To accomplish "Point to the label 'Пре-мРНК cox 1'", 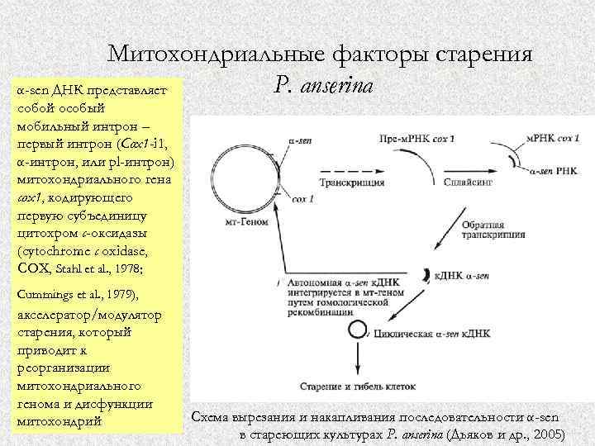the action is [x=416, y=137].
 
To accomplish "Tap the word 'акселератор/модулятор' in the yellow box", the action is [x=88, y=314].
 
